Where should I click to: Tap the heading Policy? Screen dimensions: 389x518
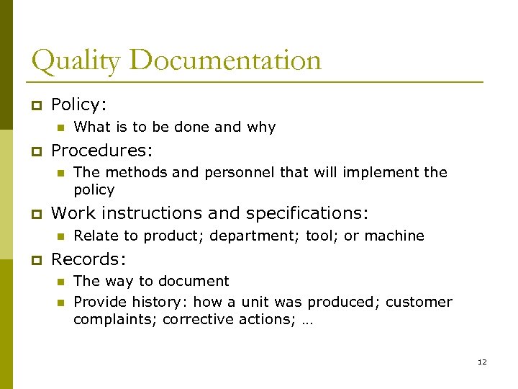coord(79,104)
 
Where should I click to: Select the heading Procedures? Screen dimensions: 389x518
coord(101,150)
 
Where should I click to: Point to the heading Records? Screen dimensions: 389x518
coord(88,259)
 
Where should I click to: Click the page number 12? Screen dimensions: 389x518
coord(482,362)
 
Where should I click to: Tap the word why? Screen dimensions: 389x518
coord(261,128)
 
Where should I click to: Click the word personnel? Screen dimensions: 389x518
coord(237,173)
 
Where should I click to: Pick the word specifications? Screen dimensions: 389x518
coord(307,213)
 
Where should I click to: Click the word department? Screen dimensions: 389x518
coord(263,236)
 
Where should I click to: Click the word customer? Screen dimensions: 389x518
coord(419,302)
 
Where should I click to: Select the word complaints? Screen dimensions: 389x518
coord(115,319)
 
